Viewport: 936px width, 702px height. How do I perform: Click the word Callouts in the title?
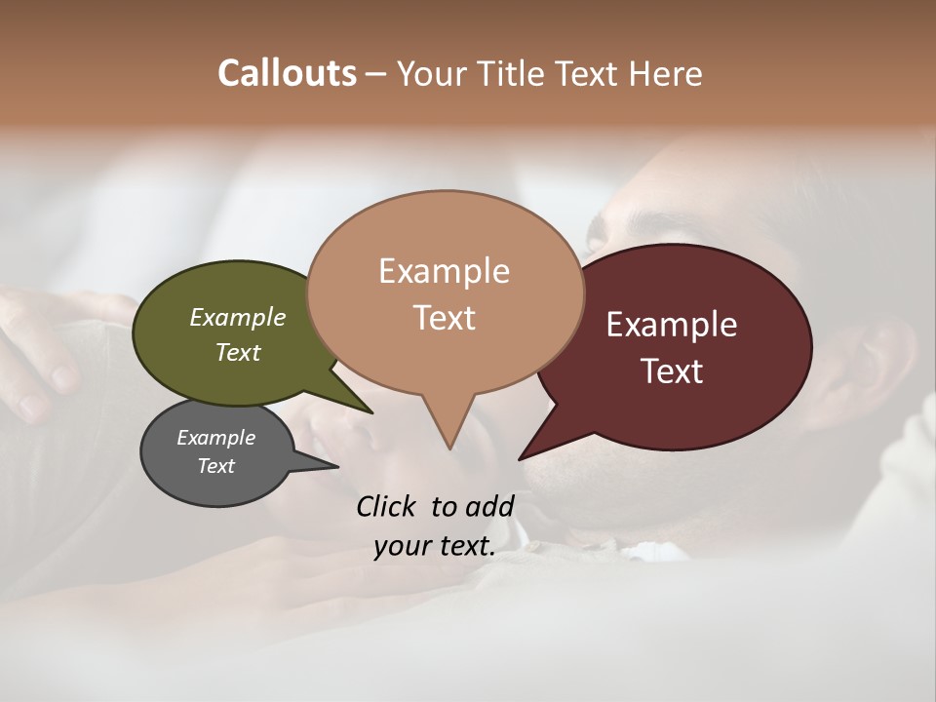pyautogui.click(x=287, y=73)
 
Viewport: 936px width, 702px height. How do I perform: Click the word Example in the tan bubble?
pyautogui.click(x=444, y=271)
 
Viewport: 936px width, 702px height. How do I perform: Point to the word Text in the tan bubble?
pyautogui.click(x=444, y=318)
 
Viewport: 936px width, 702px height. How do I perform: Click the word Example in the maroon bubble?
pyautogui.click(x=672, y=325)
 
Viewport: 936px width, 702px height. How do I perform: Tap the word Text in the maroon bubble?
pyautogui.click(x=672, y=371)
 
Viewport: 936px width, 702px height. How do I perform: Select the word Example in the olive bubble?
pyautogui.click(x=238, y=318)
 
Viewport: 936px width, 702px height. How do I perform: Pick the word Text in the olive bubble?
pyautogui.click(x=238, y=352)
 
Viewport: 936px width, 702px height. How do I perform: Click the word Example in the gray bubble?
pyautogui.click(x=216, y=438)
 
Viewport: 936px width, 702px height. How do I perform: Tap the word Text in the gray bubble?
pyautogui.click(x=216, y=466)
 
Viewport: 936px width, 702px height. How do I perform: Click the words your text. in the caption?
pyautogui.click(x=435, y=546)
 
